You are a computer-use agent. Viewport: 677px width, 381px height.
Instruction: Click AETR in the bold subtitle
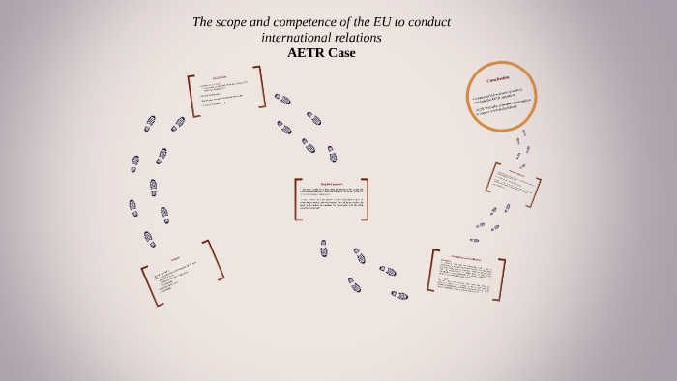tap(307, 52)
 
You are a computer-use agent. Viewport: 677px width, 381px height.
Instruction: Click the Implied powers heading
tap(332, 184)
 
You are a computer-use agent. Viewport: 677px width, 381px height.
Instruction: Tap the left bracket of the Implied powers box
tap(297, 198)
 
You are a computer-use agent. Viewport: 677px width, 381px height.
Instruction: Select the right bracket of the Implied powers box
tap(365, 198)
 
